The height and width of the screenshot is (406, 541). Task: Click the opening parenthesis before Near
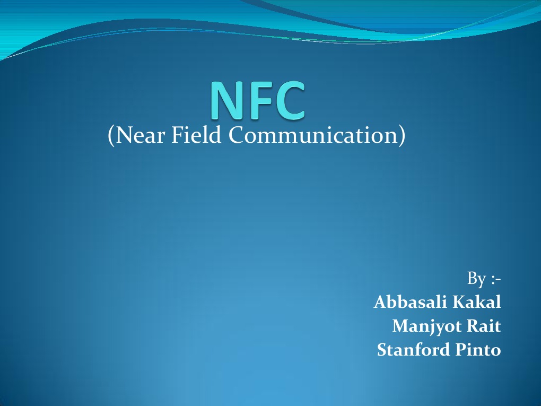[x=111, y=136]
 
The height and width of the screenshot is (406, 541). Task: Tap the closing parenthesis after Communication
[x=402, y=136]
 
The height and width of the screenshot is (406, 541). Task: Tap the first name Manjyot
[x=426, y=326]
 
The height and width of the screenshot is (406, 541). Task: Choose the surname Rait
[x=483, y=326]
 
